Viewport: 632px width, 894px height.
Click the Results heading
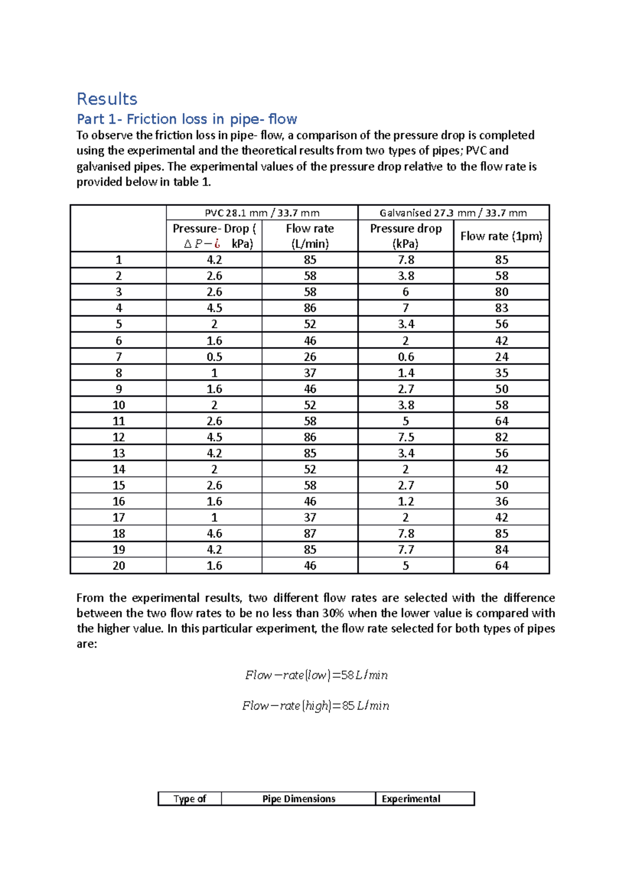(107, 99)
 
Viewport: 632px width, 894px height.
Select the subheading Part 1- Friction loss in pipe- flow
(187, 119)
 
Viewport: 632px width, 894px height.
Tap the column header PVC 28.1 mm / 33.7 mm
(262, 213)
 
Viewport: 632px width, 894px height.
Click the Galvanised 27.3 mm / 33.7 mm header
(453, 213)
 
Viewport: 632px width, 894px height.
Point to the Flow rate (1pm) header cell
(501, 236)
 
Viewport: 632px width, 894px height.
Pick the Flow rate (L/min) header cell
(310, 236)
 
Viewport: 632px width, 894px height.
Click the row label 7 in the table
(118, 356)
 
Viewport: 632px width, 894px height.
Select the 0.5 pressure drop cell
(214, 356)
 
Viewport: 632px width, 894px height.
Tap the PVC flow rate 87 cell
(310, 533)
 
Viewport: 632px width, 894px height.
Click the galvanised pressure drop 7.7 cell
(406, 549)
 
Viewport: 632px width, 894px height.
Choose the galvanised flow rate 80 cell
(501, 292)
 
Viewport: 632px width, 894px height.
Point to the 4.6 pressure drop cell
(214, 533)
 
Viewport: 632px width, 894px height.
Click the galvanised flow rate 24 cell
(501, 356)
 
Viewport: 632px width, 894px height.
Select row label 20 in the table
(118, 565)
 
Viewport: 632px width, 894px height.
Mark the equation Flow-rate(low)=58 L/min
(316, 675)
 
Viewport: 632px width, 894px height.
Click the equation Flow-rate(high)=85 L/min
(315, 706)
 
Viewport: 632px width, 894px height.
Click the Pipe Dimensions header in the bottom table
(299, 799)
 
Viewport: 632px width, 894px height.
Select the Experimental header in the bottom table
(411, 799)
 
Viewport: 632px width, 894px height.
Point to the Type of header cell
(190, 799)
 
